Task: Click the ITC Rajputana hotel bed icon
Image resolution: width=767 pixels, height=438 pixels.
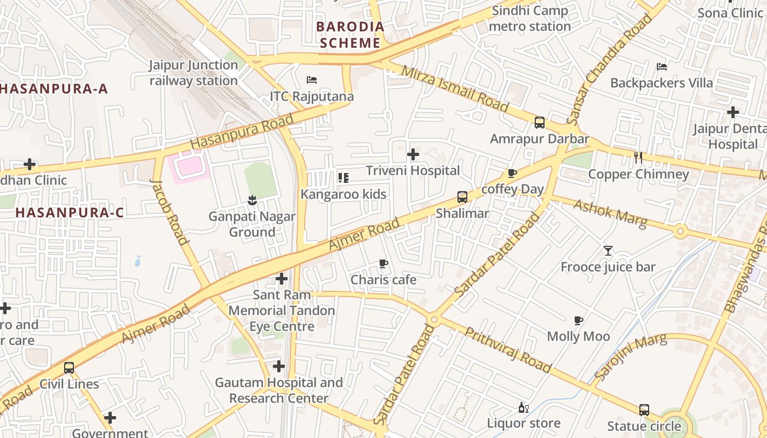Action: pyautogui.click(x=312, y=80)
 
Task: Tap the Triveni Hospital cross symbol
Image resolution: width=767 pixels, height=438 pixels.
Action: pyautogui.click(x=413, y=154)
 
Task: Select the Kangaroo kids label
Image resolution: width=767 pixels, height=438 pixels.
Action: pyautogui.click(x=343, y=194)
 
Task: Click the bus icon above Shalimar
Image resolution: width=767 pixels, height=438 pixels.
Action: pyautogui.click(x=462, y=197)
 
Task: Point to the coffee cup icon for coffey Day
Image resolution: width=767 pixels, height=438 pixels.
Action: pyautogui.click(x=512, y=174)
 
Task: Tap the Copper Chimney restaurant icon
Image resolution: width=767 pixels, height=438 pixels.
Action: pyautogui.click(x=638, y=158)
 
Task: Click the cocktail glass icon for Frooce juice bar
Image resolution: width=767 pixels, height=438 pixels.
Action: pyautogui.click(x=608, y=251)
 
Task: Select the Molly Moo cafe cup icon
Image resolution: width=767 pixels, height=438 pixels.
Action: pyautogui.click(x=579, y=320)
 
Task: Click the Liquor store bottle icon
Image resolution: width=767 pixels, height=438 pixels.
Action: pyautogui.click(x=524, y=407)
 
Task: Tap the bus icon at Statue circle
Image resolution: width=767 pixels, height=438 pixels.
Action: pyautogui.click(x=644, y=410)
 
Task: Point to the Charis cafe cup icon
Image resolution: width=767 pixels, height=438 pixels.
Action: pyautogui.click(x=383, y=264)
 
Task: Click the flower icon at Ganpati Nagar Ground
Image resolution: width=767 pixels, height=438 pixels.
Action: pyautogui.click(x=252, y=200)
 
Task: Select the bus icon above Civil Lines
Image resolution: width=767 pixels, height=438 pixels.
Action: pyautogui.click(x=69, y=368)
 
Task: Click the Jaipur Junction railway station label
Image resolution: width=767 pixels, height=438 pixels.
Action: pyautogui.click(x=193, y=73)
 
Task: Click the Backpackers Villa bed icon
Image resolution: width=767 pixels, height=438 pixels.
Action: pyautogui.click(x=662, y=67)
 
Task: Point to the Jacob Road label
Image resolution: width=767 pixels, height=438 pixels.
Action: pyautogui.click(x=169, y=211)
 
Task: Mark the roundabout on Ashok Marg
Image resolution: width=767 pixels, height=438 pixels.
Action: pyautogui.click(x=680, y=232)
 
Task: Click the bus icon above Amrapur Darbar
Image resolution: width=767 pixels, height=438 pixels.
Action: pyautogui.click(x=540, y=123)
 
